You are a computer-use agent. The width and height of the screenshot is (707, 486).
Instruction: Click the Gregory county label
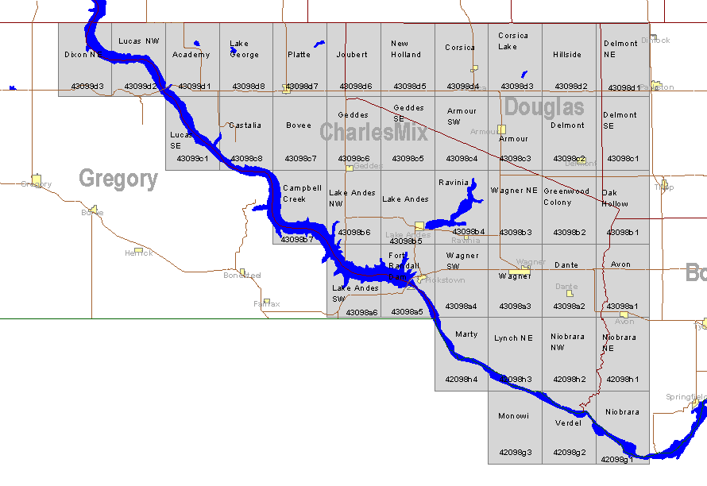coord(118,179)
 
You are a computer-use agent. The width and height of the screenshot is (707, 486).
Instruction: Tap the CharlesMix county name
coord(373,132)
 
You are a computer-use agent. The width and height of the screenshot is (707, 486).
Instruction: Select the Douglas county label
coord(544,107)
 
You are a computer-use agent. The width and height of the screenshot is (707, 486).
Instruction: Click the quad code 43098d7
coord(301,86)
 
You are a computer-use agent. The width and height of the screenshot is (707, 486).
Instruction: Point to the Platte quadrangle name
coord(299,55)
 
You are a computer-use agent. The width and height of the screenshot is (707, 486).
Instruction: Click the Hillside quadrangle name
coord(567,55)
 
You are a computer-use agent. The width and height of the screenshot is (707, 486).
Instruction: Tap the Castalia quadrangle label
coord(245,125)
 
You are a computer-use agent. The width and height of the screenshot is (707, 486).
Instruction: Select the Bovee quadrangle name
coord(299,125)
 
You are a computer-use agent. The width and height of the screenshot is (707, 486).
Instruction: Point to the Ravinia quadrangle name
coord(454,183)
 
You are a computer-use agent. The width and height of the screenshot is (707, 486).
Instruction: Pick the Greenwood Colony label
coord(566,197)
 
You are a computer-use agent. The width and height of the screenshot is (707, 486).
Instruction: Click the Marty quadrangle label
coord(466,334)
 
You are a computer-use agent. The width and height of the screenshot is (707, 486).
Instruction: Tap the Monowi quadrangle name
coord(513,416)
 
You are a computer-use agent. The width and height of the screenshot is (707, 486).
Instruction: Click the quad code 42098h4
coord(462,380)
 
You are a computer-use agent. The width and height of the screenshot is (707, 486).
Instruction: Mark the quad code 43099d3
coord(87,86)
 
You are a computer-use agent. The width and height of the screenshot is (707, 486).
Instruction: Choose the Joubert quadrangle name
coord(352,55)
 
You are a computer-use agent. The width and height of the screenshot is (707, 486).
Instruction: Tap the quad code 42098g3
coord(515,453)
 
